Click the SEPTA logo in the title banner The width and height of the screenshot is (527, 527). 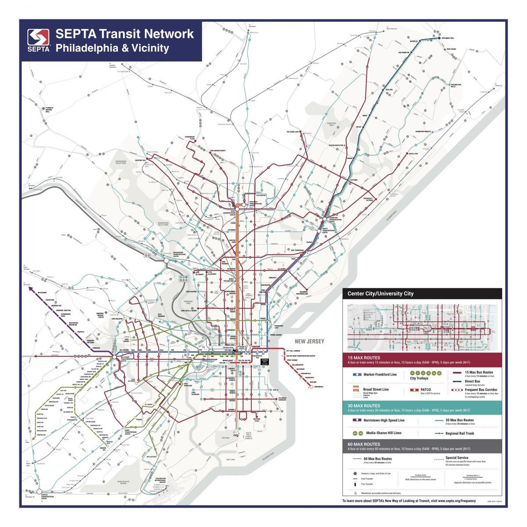[39, 40]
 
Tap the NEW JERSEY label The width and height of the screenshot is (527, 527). [309, 341]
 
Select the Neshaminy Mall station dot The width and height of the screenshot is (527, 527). [439, 38]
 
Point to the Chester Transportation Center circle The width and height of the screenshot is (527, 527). [39, 491]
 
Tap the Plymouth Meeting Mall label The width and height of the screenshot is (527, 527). [50, 109]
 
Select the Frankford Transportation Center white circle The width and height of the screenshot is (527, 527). [325, 218]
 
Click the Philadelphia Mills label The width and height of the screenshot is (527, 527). [456, 85]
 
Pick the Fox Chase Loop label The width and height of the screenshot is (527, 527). [293, 131]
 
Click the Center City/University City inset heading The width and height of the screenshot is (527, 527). [380, 293]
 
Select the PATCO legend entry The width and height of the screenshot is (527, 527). [426, 390]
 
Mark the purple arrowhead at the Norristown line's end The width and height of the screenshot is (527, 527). [29, 289]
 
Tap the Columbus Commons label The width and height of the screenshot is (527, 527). [282, 399]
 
